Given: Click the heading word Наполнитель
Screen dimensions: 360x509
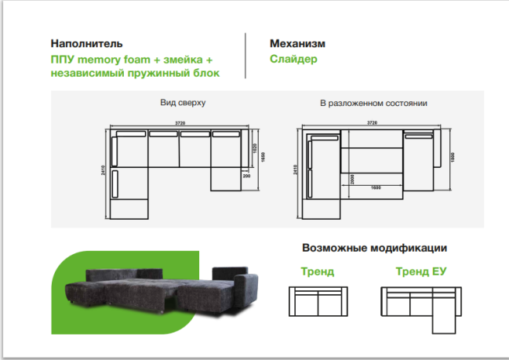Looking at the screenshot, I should pos(87,44).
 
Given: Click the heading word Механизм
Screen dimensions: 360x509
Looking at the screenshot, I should pos(297,44).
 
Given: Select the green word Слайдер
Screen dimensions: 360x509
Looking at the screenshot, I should pos(293,59).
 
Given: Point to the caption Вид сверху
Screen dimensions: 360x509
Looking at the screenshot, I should pos(182,104).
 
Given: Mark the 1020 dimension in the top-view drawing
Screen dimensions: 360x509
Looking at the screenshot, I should pos(255,149).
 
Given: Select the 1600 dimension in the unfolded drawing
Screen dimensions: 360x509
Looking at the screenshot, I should pos(376,188).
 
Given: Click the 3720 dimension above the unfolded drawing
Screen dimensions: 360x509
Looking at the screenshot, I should pos(371,123).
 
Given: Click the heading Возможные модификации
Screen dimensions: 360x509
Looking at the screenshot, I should pos(374,248).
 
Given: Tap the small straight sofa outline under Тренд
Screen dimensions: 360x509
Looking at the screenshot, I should pos(317,300).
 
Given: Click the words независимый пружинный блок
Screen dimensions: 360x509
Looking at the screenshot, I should pos(135,73).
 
